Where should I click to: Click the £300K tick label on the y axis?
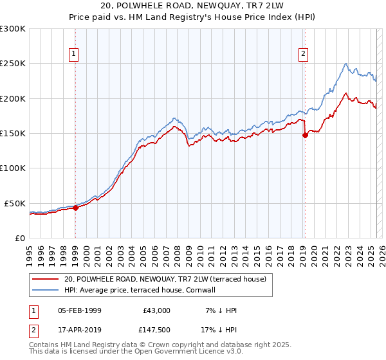[x=13, y=29]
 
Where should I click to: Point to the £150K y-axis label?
[x=13, y=134]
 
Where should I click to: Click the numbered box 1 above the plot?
[x=75, y=55]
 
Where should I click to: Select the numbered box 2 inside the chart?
[x=303, y=55]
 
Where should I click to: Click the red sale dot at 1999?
[x=75, y=208]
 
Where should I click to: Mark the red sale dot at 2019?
[x=305, y=135]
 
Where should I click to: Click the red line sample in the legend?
[x=45, y=279]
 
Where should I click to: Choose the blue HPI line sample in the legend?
[x=45, y=290]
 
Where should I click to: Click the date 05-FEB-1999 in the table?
[x=80, y=310]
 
